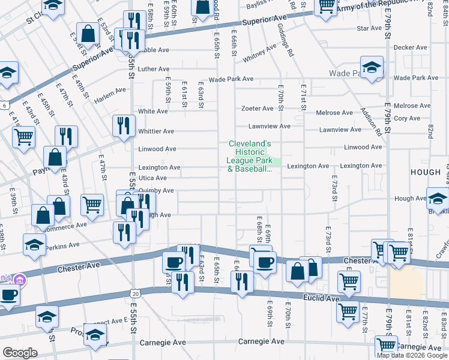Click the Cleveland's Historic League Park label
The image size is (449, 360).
tap(250, 156)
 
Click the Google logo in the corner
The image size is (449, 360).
tap(19, 353)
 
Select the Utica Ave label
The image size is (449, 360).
tap(152, 178)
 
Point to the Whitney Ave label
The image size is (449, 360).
tap(259, 56)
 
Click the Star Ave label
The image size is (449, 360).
tap(369, 28)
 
